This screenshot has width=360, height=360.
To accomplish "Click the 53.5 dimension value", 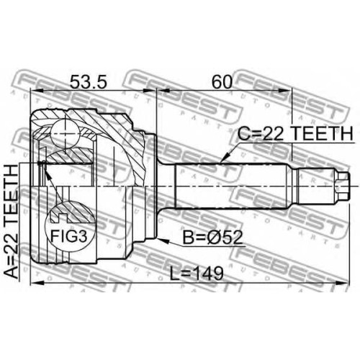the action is (x=88, y=81).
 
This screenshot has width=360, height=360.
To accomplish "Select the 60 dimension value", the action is (x=222, y=81).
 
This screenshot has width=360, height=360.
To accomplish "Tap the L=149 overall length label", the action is (x=197, y=274).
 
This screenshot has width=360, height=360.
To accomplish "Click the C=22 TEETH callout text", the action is (x=295, y=134).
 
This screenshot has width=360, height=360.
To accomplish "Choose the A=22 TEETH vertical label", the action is (x=12, y=222).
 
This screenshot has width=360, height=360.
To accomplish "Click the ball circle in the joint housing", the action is (x=65, y=134).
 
